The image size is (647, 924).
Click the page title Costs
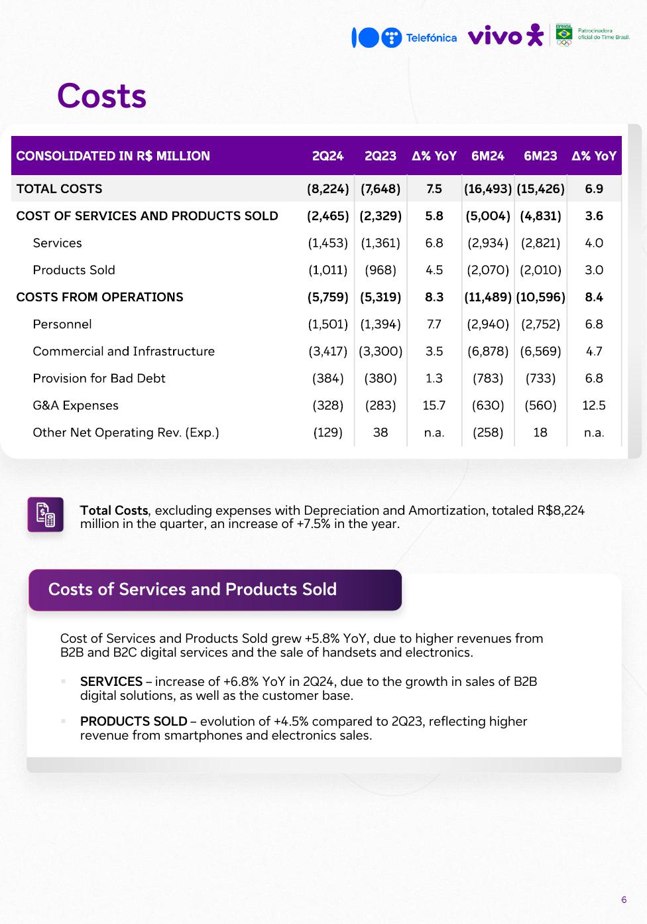(x=101, y=96)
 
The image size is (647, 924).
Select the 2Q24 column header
(x=328, y=156)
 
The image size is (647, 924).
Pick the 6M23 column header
(x=540, y=156)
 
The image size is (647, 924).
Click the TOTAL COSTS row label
(x=59, y=189)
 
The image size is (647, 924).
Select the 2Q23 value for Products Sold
(x=381, y=270)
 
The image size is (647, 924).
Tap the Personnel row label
(x=62, y=324)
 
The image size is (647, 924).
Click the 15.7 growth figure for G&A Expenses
(x=434, y=405)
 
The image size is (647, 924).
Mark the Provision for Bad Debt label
(x=99, y=378)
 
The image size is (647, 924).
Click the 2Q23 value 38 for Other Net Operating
(x=381, y=432)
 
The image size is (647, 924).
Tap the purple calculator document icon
(x=46, y=515)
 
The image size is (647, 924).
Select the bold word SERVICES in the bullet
(x=111, y=682)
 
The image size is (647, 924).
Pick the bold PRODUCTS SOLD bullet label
(x=133, y=722)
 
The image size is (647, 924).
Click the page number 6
(x=624, y=900)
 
